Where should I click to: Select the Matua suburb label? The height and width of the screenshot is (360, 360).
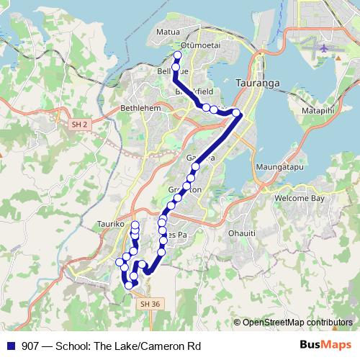click(x=168, y=32)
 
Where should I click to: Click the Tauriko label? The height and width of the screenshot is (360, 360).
click(x=111, y=224)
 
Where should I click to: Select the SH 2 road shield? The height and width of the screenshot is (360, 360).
click(x=80, y=125)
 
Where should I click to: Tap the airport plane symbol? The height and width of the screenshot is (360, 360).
click(x=323, y=48)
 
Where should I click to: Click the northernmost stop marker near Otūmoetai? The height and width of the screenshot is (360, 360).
click(x=178, y=55)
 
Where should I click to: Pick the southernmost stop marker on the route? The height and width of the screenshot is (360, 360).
click(x=129, y=285)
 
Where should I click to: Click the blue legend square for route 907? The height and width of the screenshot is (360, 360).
click(x=11, y=345)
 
